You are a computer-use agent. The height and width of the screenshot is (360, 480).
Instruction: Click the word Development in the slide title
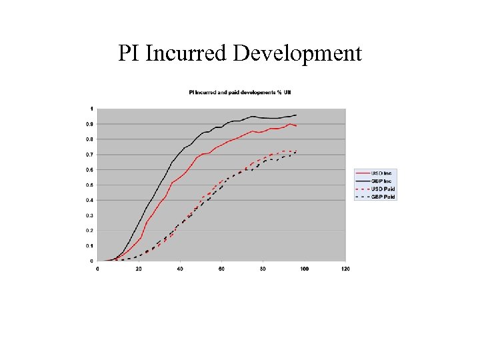298,53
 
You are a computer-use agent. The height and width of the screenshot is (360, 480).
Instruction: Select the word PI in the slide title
128,53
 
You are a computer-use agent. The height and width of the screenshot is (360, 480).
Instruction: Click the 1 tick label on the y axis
92,109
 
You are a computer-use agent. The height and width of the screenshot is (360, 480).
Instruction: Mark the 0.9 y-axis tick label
91,124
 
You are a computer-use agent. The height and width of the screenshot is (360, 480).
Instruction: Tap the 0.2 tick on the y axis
91,231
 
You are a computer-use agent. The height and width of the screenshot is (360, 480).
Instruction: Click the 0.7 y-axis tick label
91,155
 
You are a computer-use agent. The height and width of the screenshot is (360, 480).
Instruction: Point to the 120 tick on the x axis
345,269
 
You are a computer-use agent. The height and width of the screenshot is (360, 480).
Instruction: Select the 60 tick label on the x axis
222,269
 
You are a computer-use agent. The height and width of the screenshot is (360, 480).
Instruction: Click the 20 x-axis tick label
139,269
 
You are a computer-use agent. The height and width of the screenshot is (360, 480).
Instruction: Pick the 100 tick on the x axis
304,269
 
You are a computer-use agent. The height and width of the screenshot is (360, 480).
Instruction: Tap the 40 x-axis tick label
180,269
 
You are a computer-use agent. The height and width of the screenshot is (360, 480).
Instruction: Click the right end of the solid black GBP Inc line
296,115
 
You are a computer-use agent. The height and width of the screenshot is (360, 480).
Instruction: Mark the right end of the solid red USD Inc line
296,125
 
